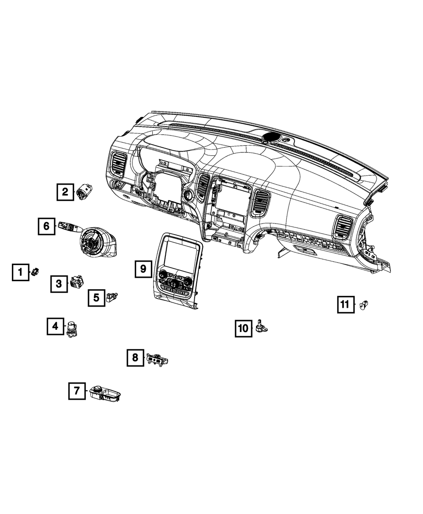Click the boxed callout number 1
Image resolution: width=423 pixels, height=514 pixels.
pos(21,272)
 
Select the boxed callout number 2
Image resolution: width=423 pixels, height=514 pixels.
pos(65,192)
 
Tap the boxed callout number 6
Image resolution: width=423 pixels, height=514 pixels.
pos(47,226)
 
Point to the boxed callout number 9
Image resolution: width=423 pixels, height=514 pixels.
pos(143,269)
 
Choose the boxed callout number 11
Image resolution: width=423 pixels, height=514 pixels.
pos(346,304)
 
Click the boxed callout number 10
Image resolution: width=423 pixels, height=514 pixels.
pos(244,329)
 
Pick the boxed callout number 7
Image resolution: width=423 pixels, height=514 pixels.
pos(77,391)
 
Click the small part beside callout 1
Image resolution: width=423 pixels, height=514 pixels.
pos(35,272)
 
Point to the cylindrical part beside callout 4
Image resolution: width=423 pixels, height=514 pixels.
pos(72,329)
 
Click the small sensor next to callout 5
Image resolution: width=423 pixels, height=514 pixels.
pos(112,297)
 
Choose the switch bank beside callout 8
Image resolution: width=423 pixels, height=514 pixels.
pos(157,361)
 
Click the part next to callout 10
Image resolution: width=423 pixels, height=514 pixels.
pos(261,326)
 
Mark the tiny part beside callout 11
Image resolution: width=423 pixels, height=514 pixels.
pos(364,304)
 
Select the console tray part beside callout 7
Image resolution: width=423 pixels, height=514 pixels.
pos(105,394)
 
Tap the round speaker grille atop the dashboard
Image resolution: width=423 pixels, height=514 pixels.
pos(272,137)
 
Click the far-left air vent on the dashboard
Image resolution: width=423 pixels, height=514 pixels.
pos(118,164)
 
